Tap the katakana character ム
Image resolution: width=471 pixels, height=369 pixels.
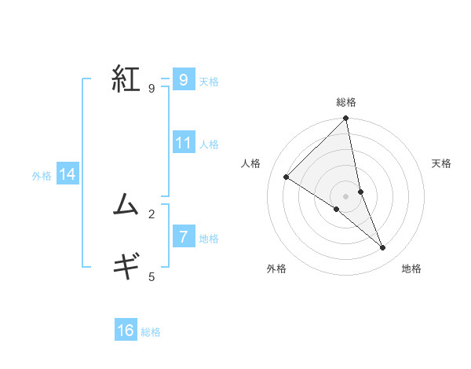tap(126, 205)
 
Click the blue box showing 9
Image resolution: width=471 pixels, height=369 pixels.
tap(183, 79)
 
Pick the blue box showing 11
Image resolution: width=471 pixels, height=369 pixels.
tap(184, 143)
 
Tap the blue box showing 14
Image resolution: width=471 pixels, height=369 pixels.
tap(68, 174)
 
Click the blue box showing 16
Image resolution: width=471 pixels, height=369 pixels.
tap(126, 331)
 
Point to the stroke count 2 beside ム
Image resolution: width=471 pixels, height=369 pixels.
tap(152, 214)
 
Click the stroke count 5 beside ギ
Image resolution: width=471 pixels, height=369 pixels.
tap(152, 276)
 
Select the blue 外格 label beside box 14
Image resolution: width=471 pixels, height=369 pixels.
tap(42, 176)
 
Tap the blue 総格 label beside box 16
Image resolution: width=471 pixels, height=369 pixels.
tap(151, 332)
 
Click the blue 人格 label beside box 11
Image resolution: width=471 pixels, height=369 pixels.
tap(209, 144)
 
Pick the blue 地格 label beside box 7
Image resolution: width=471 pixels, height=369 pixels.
tap(209, 239)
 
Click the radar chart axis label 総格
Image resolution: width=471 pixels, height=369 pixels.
tap(346, 102)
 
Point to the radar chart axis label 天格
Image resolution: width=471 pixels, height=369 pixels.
tap(441, 163)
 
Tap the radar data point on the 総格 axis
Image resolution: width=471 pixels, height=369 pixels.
tap(346, 119)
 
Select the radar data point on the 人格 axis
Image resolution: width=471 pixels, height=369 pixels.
tap(287, 177)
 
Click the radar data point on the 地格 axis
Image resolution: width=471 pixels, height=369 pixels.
tap(383, 248)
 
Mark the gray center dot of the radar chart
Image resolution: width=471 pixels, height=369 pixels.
tap(346, 195)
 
